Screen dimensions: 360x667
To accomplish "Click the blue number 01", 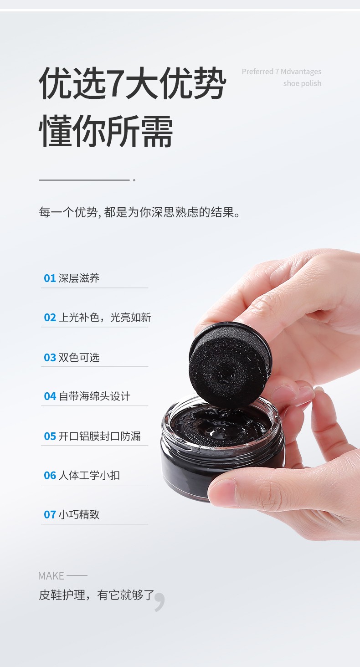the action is click(50, 278).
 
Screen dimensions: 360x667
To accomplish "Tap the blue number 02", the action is click(50, 318).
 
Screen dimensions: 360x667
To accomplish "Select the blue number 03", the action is click(50, 357).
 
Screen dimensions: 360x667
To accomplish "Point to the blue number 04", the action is click(50, 396).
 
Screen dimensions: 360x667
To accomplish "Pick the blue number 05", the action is click(50, 436).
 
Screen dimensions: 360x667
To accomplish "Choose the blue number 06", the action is click(50, 476).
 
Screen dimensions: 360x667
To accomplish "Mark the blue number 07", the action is click(50, 514).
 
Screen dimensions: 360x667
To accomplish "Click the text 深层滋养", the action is click(79, 278).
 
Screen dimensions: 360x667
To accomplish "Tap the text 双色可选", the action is click(79, 357).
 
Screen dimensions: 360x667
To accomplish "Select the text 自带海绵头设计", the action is click(94, 396).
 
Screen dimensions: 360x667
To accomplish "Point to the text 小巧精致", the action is click(79, 514).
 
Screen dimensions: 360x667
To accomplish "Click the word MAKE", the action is click(51, 576).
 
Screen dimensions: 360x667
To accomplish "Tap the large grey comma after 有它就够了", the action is click(160, 602).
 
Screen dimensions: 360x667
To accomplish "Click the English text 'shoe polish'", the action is click(302, 83).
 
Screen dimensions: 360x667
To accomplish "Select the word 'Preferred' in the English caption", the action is click(257, 72).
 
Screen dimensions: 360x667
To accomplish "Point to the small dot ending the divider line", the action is click(134, 180).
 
